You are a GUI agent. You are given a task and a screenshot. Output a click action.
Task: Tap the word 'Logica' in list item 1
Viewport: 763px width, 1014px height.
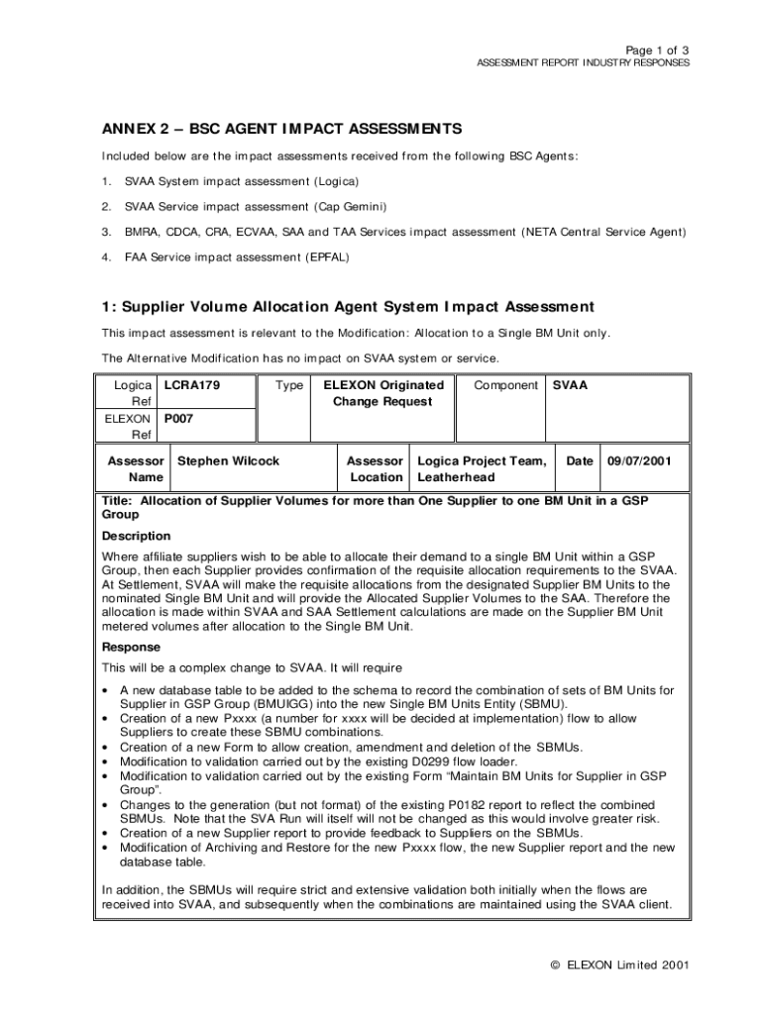point(336,182)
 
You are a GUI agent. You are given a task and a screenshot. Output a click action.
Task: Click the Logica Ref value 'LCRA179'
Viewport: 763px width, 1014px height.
point(191,384)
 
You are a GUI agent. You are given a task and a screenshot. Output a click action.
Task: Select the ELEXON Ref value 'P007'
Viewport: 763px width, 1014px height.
point(179,418)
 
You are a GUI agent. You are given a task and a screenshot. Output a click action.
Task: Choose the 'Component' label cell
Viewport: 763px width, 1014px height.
point(506,384)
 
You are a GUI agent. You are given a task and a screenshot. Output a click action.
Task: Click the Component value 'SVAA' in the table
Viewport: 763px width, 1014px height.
point(570,384)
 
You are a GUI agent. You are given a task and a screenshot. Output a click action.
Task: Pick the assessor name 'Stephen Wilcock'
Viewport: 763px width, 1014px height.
point(228,460)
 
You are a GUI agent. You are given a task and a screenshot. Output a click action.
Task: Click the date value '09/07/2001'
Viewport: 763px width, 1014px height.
point(639,460)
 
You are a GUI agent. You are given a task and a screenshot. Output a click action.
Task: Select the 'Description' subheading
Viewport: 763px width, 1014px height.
point(137,536)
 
